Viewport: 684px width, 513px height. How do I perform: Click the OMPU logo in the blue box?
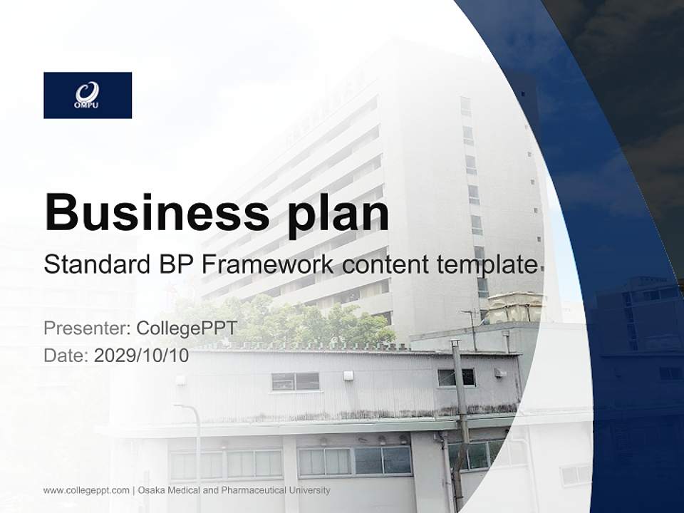[x=87, y=95]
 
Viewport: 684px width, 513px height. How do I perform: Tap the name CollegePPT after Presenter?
[x=186, y=328]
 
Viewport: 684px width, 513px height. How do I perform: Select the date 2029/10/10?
[x=142, y=355]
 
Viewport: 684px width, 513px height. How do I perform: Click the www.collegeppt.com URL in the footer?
[x=86, y=490]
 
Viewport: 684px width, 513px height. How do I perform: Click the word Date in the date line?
[x=64, y=355]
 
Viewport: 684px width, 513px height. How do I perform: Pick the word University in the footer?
[x=309, y=490]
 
